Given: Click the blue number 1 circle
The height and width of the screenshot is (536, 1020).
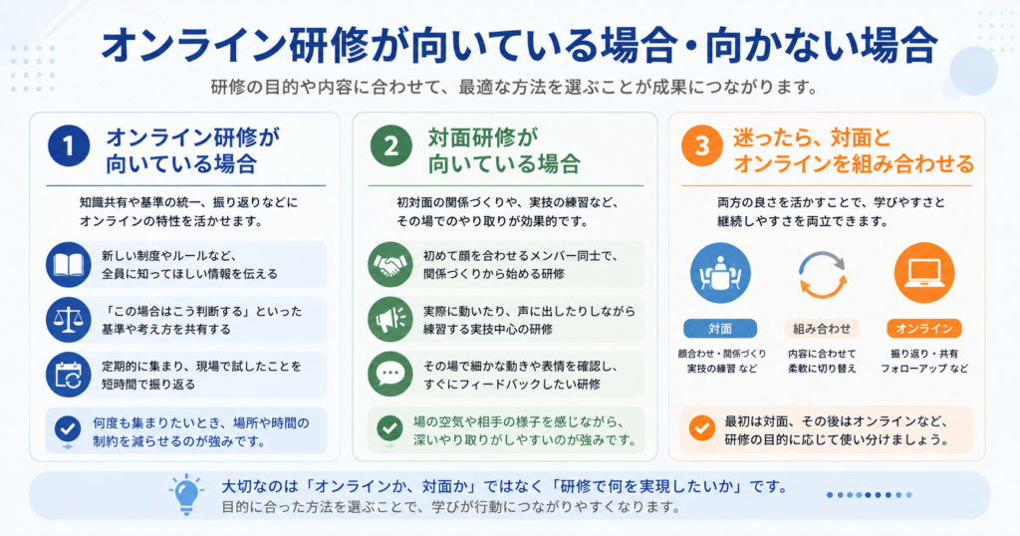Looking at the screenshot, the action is coord(69,145).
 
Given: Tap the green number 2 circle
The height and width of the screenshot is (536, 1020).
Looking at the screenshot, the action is coord(390,145).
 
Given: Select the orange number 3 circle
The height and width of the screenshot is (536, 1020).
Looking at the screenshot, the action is coord(702,145).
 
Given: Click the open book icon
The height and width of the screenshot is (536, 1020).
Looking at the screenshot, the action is coord(69,265).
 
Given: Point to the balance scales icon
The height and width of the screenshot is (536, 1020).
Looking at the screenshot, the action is coord(69,320).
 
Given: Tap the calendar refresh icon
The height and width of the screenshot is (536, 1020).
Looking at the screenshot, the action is coord(69,376).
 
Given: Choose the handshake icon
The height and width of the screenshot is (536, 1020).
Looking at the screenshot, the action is coord(390,265).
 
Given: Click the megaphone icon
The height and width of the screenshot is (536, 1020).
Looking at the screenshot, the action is coord(390,320).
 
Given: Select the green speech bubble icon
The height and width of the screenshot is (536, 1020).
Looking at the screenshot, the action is coord(390,374).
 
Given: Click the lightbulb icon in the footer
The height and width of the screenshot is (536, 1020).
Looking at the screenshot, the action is coord(186,495).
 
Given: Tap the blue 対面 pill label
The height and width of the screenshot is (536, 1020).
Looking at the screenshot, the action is coord(720,329).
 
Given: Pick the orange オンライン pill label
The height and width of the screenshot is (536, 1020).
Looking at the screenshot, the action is coord(924,329).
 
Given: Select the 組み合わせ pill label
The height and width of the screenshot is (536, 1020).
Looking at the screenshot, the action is coord(822,329).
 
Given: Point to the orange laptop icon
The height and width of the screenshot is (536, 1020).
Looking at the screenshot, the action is coord(924,273).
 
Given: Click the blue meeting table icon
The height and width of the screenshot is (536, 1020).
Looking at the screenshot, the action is coord(720,273).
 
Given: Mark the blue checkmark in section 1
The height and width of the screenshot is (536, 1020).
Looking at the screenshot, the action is coord(68,429).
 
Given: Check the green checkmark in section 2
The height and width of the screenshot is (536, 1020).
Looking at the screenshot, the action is coord(389,428).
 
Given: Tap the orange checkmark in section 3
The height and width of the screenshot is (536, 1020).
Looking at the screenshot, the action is coord(702,428).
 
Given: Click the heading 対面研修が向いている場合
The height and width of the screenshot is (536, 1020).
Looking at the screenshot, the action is coord(504,150).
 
